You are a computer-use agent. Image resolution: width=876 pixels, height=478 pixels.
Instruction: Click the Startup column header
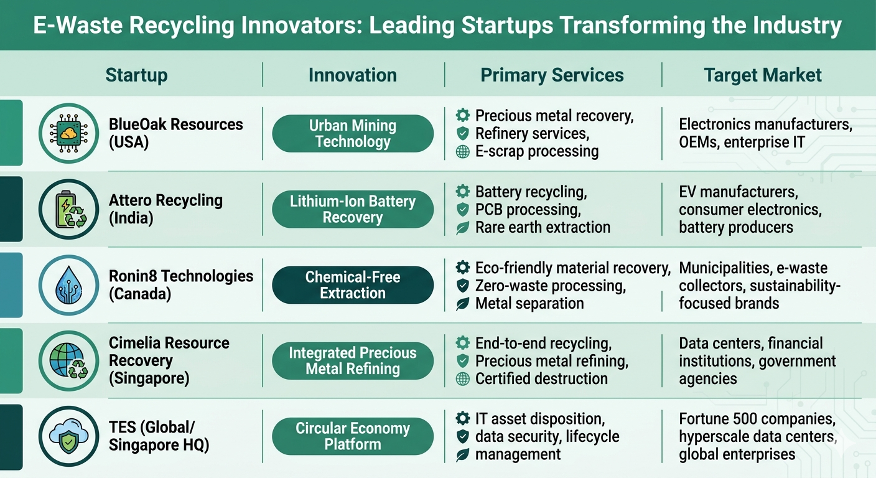click(x=136, y=75)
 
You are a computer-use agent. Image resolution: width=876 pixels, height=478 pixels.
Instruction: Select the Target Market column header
click(x=762, y=75)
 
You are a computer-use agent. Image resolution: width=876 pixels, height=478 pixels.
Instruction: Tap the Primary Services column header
click(x=552, y=75)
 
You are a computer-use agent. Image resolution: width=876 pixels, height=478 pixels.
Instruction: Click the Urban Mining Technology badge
click(x=353, y=133)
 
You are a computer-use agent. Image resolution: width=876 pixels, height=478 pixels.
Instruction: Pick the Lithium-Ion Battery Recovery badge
click(x=353, y=210)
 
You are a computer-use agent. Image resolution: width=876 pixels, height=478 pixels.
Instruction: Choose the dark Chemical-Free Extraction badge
click(x=353, y=285)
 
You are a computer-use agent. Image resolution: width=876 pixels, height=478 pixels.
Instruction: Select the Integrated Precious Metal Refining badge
click(x=353, y=361)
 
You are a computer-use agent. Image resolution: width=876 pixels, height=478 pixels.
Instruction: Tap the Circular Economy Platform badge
click(x=353, y=436)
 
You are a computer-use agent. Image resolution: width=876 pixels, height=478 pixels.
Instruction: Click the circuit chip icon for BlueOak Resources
click(x=68, y=133)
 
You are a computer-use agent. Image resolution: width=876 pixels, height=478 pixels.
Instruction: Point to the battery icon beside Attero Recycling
click(x=68, y=210)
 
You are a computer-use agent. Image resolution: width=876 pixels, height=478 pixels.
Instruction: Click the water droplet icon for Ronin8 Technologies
click(x=68, y=286)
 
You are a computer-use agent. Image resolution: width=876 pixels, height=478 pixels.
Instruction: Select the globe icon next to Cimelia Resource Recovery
click(x=68, y=362)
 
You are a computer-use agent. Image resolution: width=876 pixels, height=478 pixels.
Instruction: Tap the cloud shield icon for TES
click(x=68, y=437)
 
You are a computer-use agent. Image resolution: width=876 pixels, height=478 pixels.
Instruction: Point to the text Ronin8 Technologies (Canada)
click(x=181, y=285)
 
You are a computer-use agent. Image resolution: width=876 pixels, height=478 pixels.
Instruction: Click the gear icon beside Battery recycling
click(x=462, y=192)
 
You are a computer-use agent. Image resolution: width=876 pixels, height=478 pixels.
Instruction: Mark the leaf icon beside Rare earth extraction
click(x=462, y=228)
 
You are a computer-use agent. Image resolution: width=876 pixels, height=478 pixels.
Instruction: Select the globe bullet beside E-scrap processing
click(x=462, y=152)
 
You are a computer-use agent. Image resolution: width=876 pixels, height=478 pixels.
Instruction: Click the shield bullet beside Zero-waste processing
click(x=462, y=286)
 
